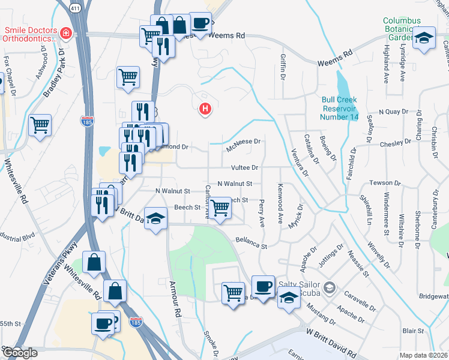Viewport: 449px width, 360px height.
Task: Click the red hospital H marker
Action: pyautogui.click(x=205, y=109)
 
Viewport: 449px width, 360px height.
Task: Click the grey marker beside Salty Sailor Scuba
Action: pyautogui.click(x=329, y=288)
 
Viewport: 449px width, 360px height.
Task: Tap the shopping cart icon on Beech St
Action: pyautogui.click(x=220, y=207)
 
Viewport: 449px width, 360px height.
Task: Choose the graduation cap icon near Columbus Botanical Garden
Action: pyautogui.click(x=424, y=38)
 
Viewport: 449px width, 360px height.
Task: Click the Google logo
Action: pyautogui.click(x=20, y=353)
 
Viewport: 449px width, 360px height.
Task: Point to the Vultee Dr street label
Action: pyautogui.click(x=244, y=168)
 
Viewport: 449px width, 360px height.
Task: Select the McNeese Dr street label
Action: pyautogui.click(x=243, y=142)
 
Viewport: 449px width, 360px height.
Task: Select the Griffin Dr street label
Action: pyautogui.click(x=282, y=68)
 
